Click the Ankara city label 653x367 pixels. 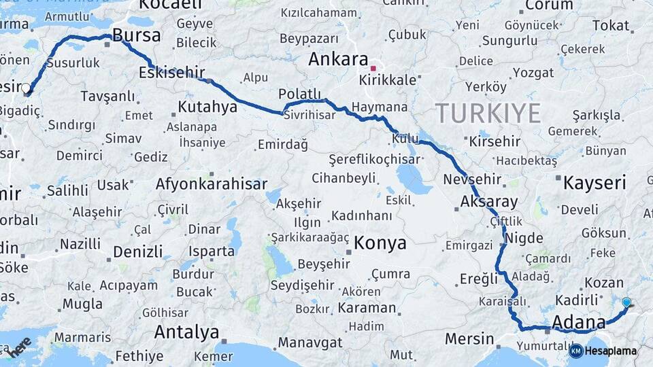point(338,59)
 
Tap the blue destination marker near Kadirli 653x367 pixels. point(626,302)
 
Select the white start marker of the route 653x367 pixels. point(26,88)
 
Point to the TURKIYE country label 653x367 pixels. point(488,112)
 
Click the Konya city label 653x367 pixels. point(380,243)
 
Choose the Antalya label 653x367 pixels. point(186,332)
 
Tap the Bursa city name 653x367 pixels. point(137,35)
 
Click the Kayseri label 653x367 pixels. point(595,182)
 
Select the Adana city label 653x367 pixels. point(578,321)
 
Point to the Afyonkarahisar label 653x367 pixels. point(212,183)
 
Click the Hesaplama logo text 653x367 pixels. point(610,351)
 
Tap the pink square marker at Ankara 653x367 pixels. point(373,68)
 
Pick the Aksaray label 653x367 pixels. point(489,202)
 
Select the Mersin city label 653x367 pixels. point(469,338)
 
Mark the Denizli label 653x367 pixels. point(138,251)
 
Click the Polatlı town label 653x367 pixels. point(299,94)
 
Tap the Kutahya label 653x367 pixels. point(207,107)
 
